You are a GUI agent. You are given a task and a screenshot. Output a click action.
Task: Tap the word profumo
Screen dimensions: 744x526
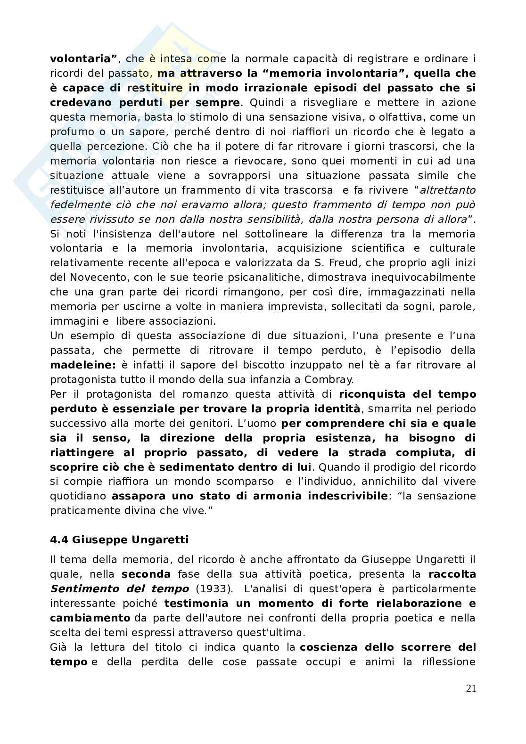[x=71, y=131]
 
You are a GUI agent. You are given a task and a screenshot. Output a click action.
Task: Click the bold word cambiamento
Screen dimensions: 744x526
[x=90, y=618]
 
